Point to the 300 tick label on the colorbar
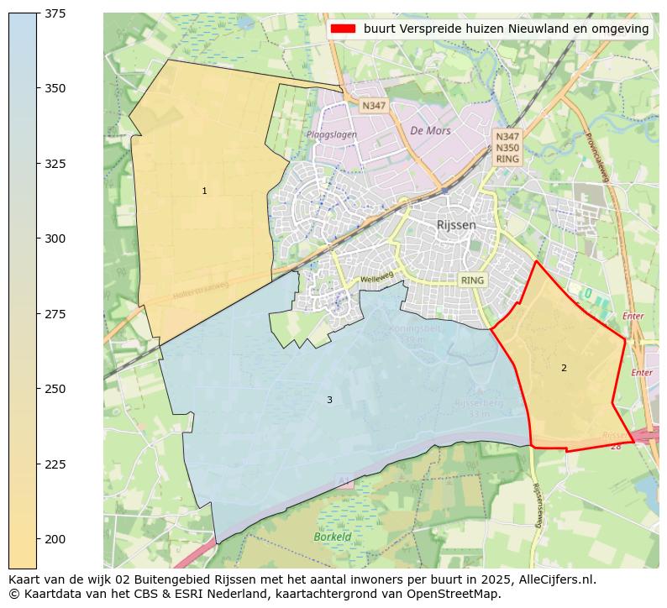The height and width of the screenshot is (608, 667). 55,238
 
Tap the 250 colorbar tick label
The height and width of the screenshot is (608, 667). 55,389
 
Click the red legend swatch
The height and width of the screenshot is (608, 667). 343,29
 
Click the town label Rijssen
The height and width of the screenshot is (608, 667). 456,225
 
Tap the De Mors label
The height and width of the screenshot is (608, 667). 430,131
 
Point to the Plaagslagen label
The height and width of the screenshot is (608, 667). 331,134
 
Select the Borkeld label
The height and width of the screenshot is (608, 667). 332,537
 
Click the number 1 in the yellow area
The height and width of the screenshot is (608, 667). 204,191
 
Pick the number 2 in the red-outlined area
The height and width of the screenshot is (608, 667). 564,369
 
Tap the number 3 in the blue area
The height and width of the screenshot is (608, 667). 329,401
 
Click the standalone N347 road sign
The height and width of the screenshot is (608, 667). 373,106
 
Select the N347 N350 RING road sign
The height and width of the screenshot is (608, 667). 507,147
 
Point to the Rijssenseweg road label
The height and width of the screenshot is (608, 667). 538,504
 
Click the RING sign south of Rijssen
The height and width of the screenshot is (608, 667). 473,280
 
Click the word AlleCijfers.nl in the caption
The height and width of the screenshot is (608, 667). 554,579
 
